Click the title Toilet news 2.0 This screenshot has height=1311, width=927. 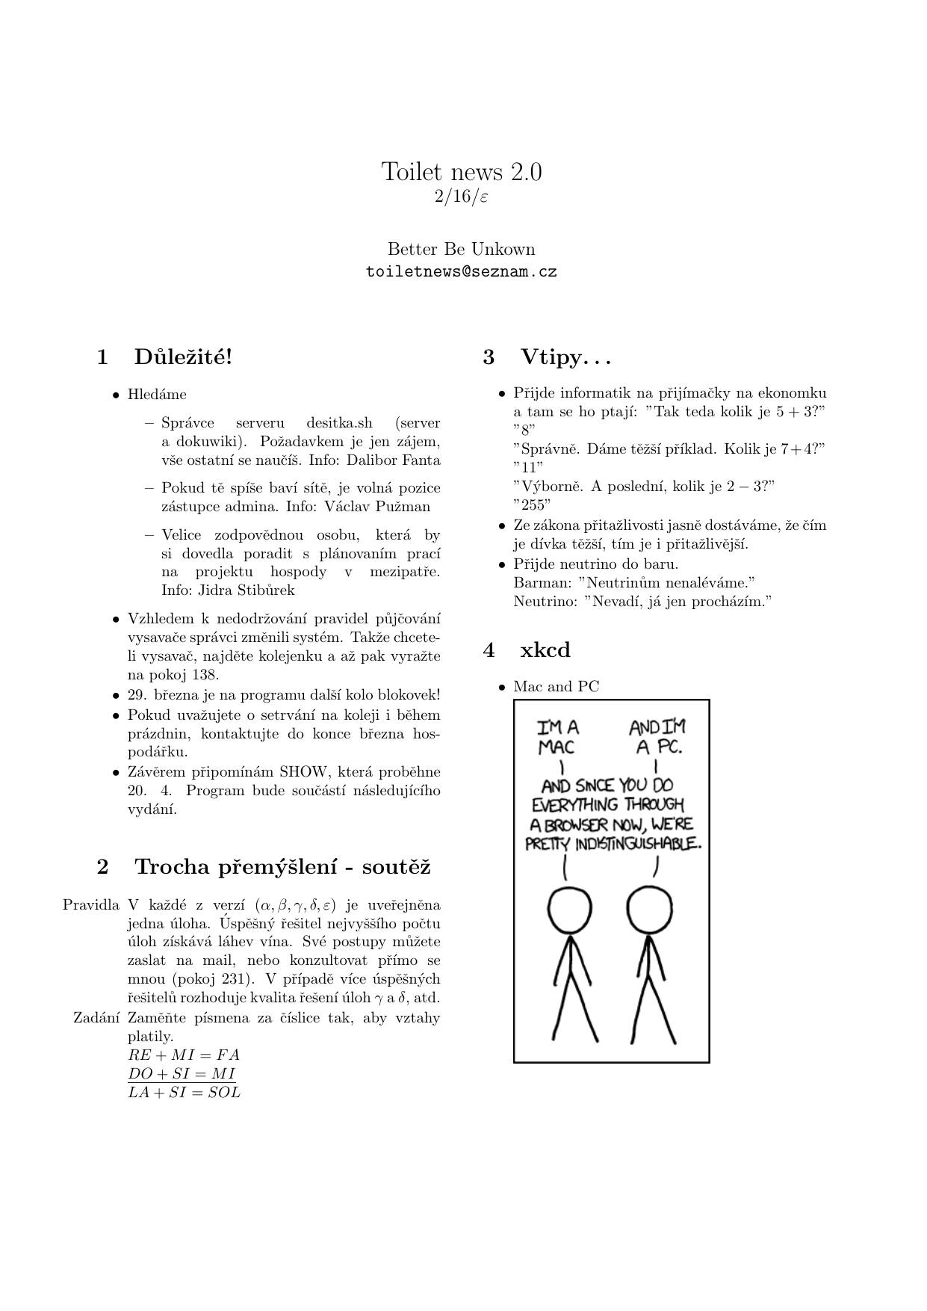click(x=462, y=172)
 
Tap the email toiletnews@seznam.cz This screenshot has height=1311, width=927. click(x=462, y=272)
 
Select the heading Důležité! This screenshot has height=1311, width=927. click(x=183, y=357)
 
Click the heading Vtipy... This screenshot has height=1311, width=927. click(x=565, y=357)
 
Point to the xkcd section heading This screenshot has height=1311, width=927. click(x=545, y=650)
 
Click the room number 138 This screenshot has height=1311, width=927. click(x=205, y=675)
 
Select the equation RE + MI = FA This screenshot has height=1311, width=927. click(x=184, y=1055)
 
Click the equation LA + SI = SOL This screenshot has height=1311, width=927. click(x=184, y=1093)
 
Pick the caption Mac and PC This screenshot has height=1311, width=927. click(x=556, y=687)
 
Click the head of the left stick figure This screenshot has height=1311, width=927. click(x=570, y=910)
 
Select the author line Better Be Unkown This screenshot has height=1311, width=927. click(x=462, y=249)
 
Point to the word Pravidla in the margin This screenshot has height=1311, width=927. click(x=91, y=905)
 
